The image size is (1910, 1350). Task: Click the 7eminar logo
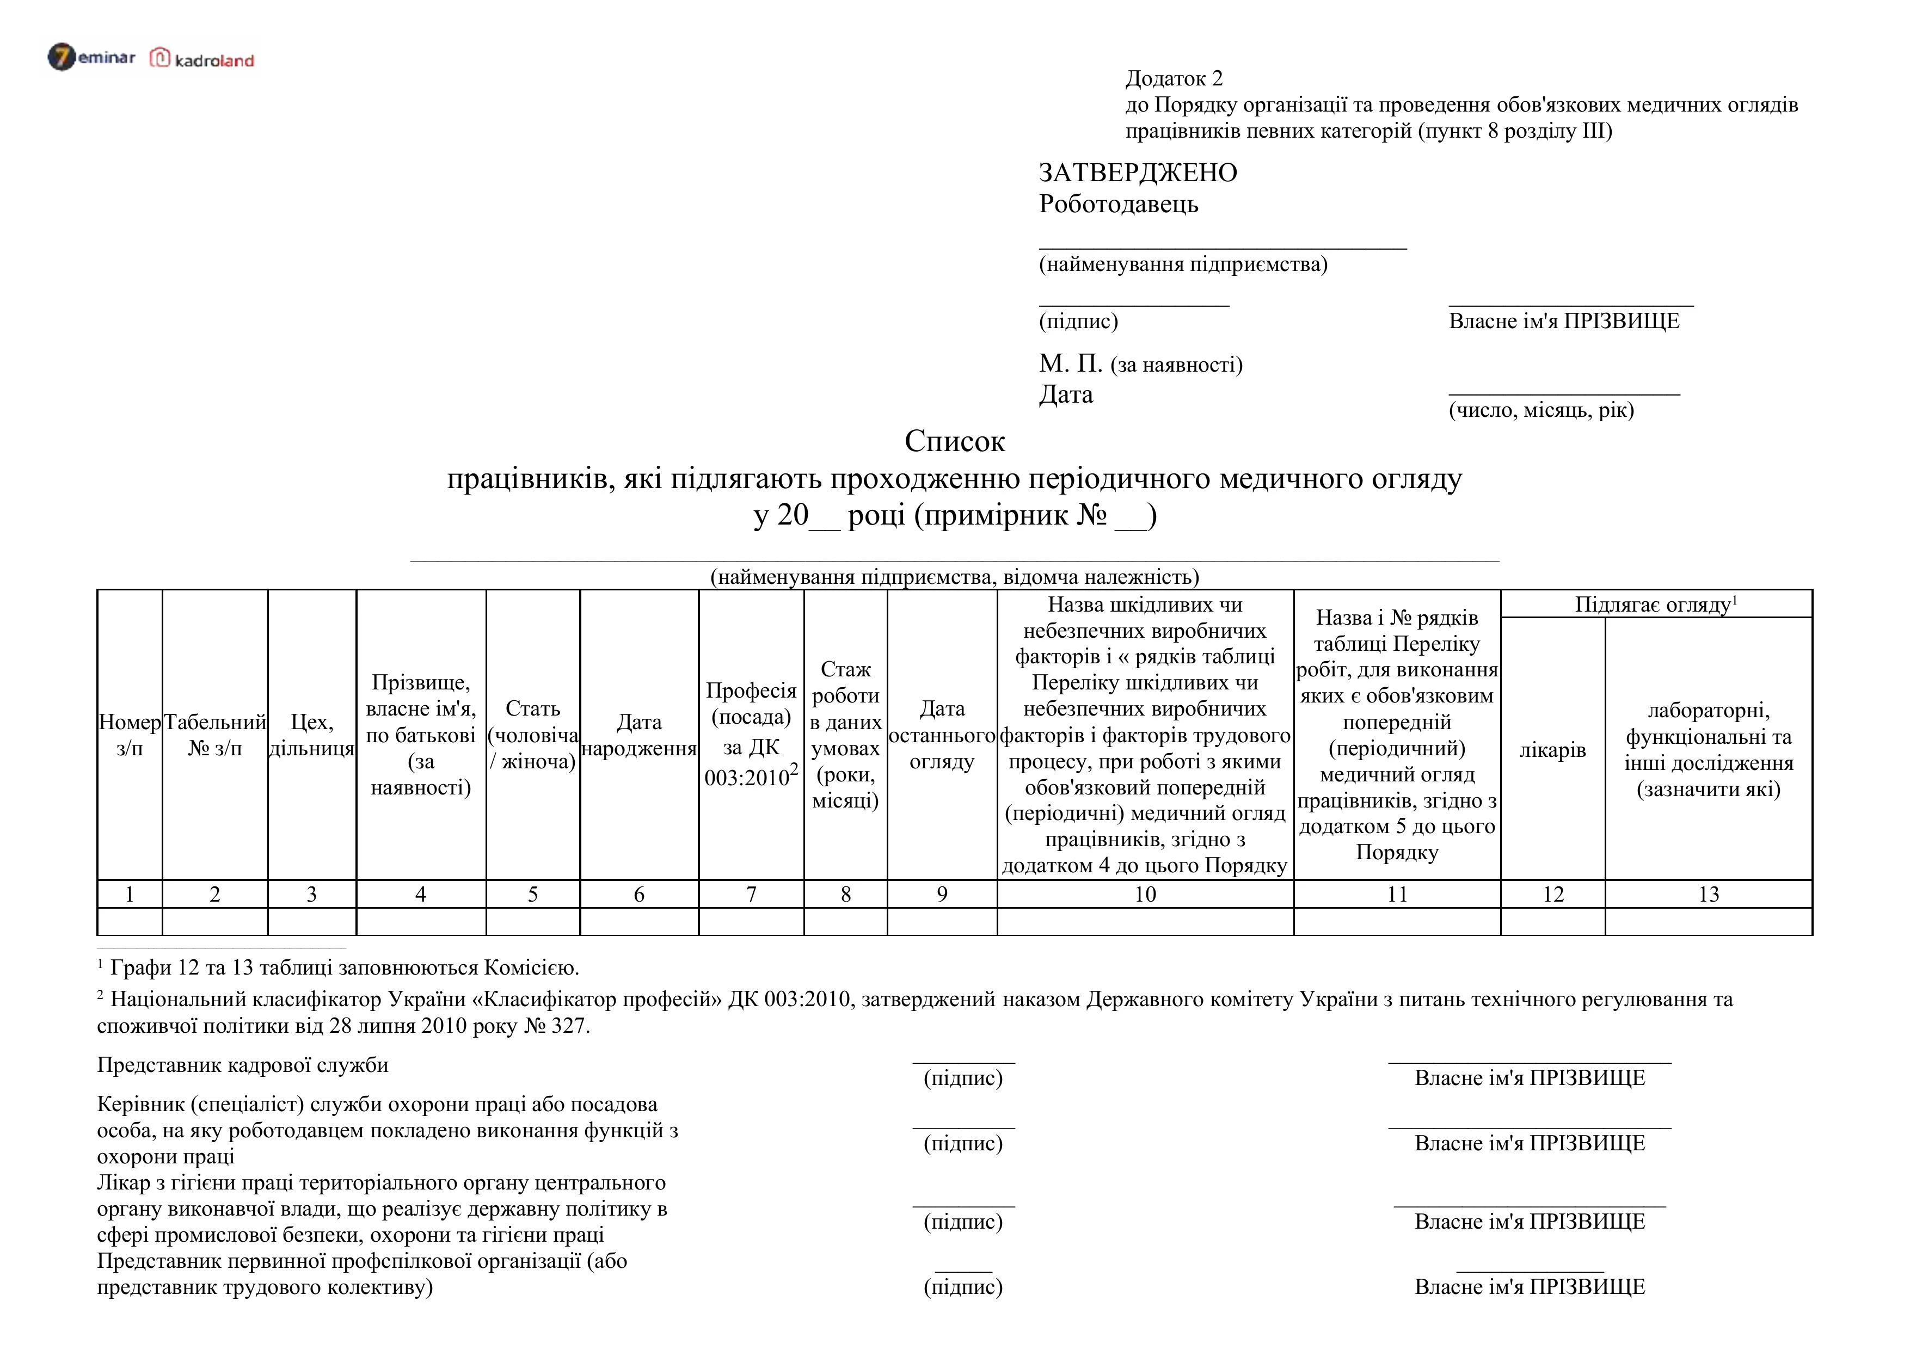pos(91,57)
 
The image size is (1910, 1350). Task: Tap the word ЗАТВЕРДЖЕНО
pos(1137,173)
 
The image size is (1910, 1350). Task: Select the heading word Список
pos(954,441)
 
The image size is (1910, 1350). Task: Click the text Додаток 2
pos(1174,78)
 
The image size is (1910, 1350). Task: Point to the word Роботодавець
pos(1118,204)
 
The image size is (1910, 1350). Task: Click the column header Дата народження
pos(639,735)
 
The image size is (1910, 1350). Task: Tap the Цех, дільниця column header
pos(312,735)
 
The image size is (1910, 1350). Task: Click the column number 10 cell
pos(1145,894)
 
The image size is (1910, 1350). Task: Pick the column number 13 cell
pos(1708,894)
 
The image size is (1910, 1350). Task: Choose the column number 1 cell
pos(130,894)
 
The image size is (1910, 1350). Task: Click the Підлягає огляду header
pos(1655,605)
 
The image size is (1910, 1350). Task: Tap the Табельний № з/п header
pos(214,735)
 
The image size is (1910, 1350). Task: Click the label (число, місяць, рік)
pos(1540,410)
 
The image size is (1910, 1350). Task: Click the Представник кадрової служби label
pos(243,1065)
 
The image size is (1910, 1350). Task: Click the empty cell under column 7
pos(751,922)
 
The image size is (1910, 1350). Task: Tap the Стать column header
pos(532,735)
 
